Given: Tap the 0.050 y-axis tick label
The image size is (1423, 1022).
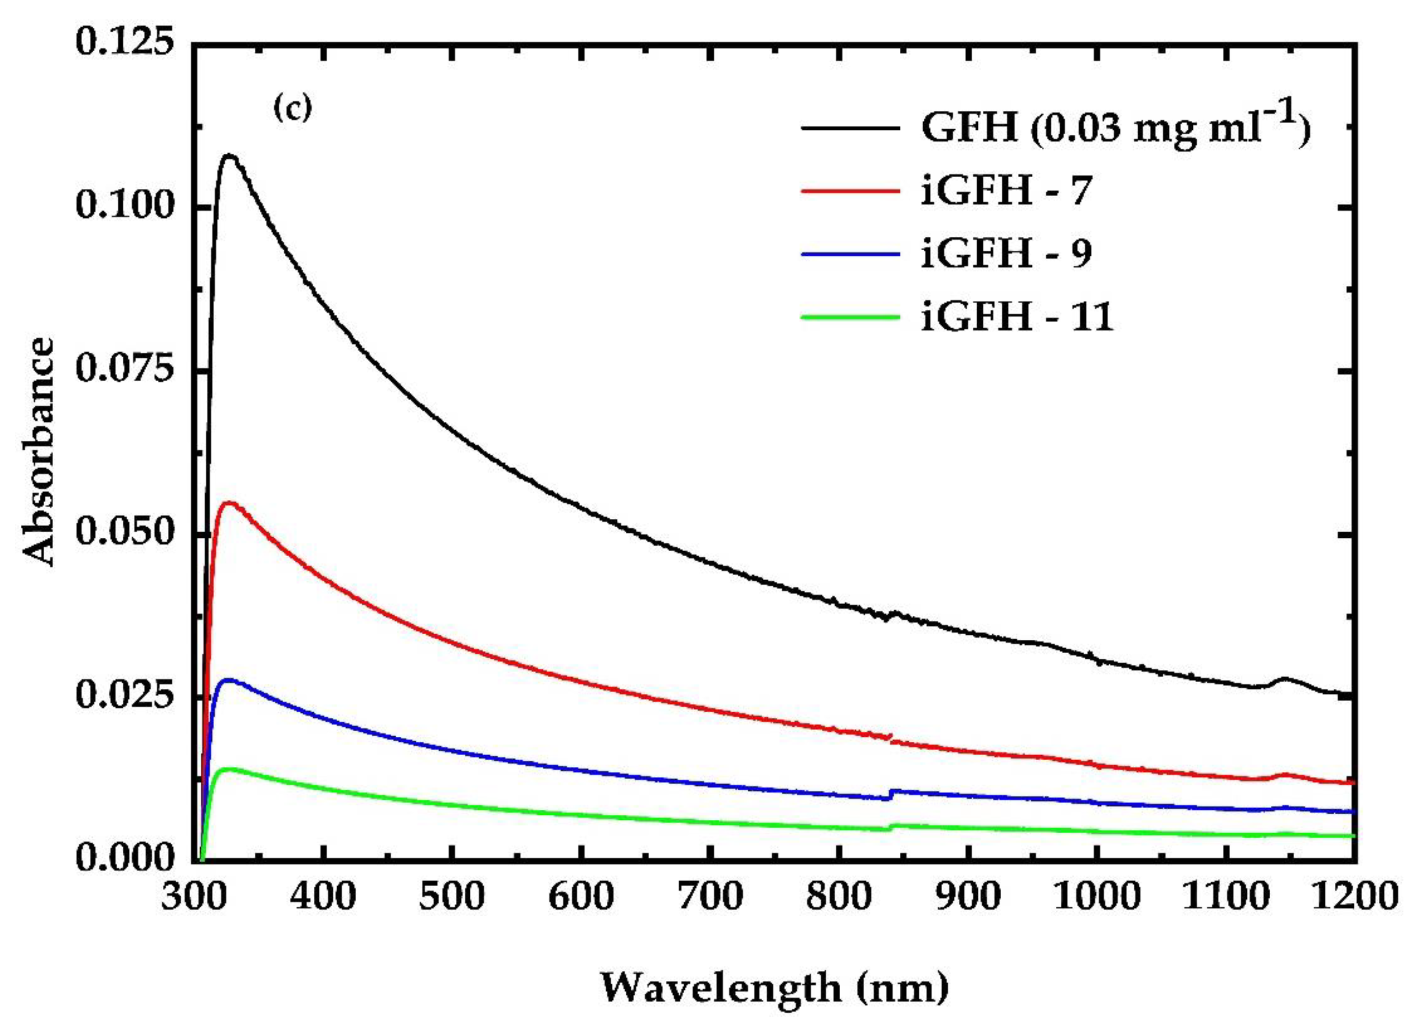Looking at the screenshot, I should pos(123,532).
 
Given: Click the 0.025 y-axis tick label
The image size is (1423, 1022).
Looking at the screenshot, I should pos(123,695).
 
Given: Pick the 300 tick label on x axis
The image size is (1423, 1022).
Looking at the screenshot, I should pos(194,896).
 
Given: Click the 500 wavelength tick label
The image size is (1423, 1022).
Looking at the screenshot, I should pos(452,896).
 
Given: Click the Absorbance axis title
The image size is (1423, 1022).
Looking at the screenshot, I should pos(39,452).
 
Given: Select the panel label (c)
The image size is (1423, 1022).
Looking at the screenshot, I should pos(293,109).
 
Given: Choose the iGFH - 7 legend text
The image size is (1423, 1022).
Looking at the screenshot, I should pos(1006,190).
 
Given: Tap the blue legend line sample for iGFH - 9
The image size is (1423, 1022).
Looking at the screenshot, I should pos(851,253).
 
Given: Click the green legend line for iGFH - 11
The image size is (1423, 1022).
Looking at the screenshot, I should pos(851,316).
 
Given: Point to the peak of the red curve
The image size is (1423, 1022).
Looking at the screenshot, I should pos(230,502).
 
